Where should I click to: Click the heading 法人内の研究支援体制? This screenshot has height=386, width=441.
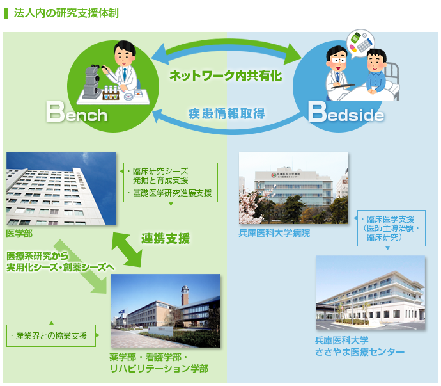coord(66,13)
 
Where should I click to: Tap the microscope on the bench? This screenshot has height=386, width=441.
coord(91,82)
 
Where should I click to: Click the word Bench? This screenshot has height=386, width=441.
coord(77,112)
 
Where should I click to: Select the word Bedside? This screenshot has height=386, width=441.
coord(346,112)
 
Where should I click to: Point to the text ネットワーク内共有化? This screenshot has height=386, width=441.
coord(226,76)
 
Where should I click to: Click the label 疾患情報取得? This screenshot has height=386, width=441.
coord(227,113)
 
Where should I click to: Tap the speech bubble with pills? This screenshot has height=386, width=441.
coord(360,43)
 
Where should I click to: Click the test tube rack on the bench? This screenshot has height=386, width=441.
coord(110,93)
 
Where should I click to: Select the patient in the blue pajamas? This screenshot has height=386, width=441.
coord(376,72)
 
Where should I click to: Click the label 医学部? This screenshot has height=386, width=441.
coord(19,234)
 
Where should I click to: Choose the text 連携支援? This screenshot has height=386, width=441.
coord(166,238)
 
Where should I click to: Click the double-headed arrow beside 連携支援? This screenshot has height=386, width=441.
coord(127,250)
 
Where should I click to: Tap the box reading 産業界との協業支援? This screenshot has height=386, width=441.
coord(51,335)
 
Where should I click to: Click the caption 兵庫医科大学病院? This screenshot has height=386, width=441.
coord(274,233)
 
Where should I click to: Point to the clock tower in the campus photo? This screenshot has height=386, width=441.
coord(185,295)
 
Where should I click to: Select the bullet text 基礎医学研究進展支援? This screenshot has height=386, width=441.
coord(173,193)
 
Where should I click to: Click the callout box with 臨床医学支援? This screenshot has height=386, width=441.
coord(391,229)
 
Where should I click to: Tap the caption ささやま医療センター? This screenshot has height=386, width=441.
coord(359,352)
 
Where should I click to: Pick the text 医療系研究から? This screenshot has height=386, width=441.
coord(37,256)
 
